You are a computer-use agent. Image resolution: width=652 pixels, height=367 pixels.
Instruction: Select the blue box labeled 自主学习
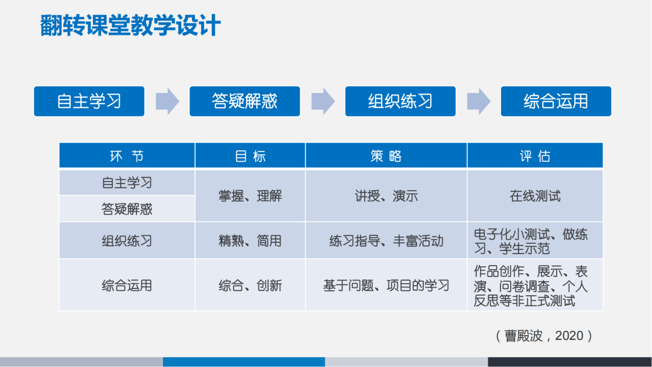(x=89, y=101)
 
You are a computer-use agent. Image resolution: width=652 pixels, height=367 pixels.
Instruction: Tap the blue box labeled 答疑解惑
(x=245, y=101)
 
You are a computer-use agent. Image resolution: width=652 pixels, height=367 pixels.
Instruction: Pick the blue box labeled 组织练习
(x=400, y=101)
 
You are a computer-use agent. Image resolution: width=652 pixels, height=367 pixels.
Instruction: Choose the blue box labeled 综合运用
(x=555, y=101)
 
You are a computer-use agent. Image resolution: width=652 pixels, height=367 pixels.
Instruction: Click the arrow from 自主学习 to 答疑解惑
(x=167, y=101)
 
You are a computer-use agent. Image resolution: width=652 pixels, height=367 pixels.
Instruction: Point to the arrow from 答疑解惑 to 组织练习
(x=323, y=101)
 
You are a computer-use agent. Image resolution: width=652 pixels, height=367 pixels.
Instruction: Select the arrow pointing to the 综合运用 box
(x=479, y=101)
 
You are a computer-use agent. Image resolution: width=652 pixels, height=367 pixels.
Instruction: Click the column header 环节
(x=127, y=156)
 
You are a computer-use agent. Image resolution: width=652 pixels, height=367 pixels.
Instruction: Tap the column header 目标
(x=250, y=156)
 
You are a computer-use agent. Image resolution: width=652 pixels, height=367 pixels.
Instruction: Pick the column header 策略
(x=386, y=156)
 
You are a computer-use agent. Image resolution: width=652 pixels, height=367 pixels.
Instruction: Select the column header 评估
(x=535, y=156)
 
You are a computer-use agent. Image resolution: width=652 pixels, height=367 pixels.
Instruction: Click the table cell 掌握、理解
(x=250, y=196)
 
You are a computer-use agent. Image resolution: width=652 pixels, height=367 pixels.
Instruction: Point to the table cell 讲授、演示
(x=386, y=196)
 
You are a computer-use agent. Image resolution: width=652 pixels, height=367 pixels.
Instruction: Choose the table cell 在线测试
(x=535, y=196)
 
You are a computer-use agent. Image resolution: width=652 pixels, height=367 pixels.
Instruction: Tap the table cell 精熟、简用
(x=250, y=241)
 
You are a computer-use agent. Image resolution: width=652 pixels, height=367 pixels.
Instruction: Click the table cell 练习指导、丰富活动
(x=386, y=241)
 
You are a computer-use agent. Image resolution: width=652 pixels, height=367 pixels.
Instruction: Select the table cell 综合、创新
(x=250, y=286)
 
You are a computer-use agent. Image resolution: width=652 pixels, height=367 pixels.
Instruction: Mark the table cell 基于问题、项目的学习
(x=386, y=286)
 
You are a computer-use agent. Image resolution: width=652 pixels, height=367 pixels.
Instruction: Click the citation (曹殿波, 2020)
(x=543, y=336)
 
